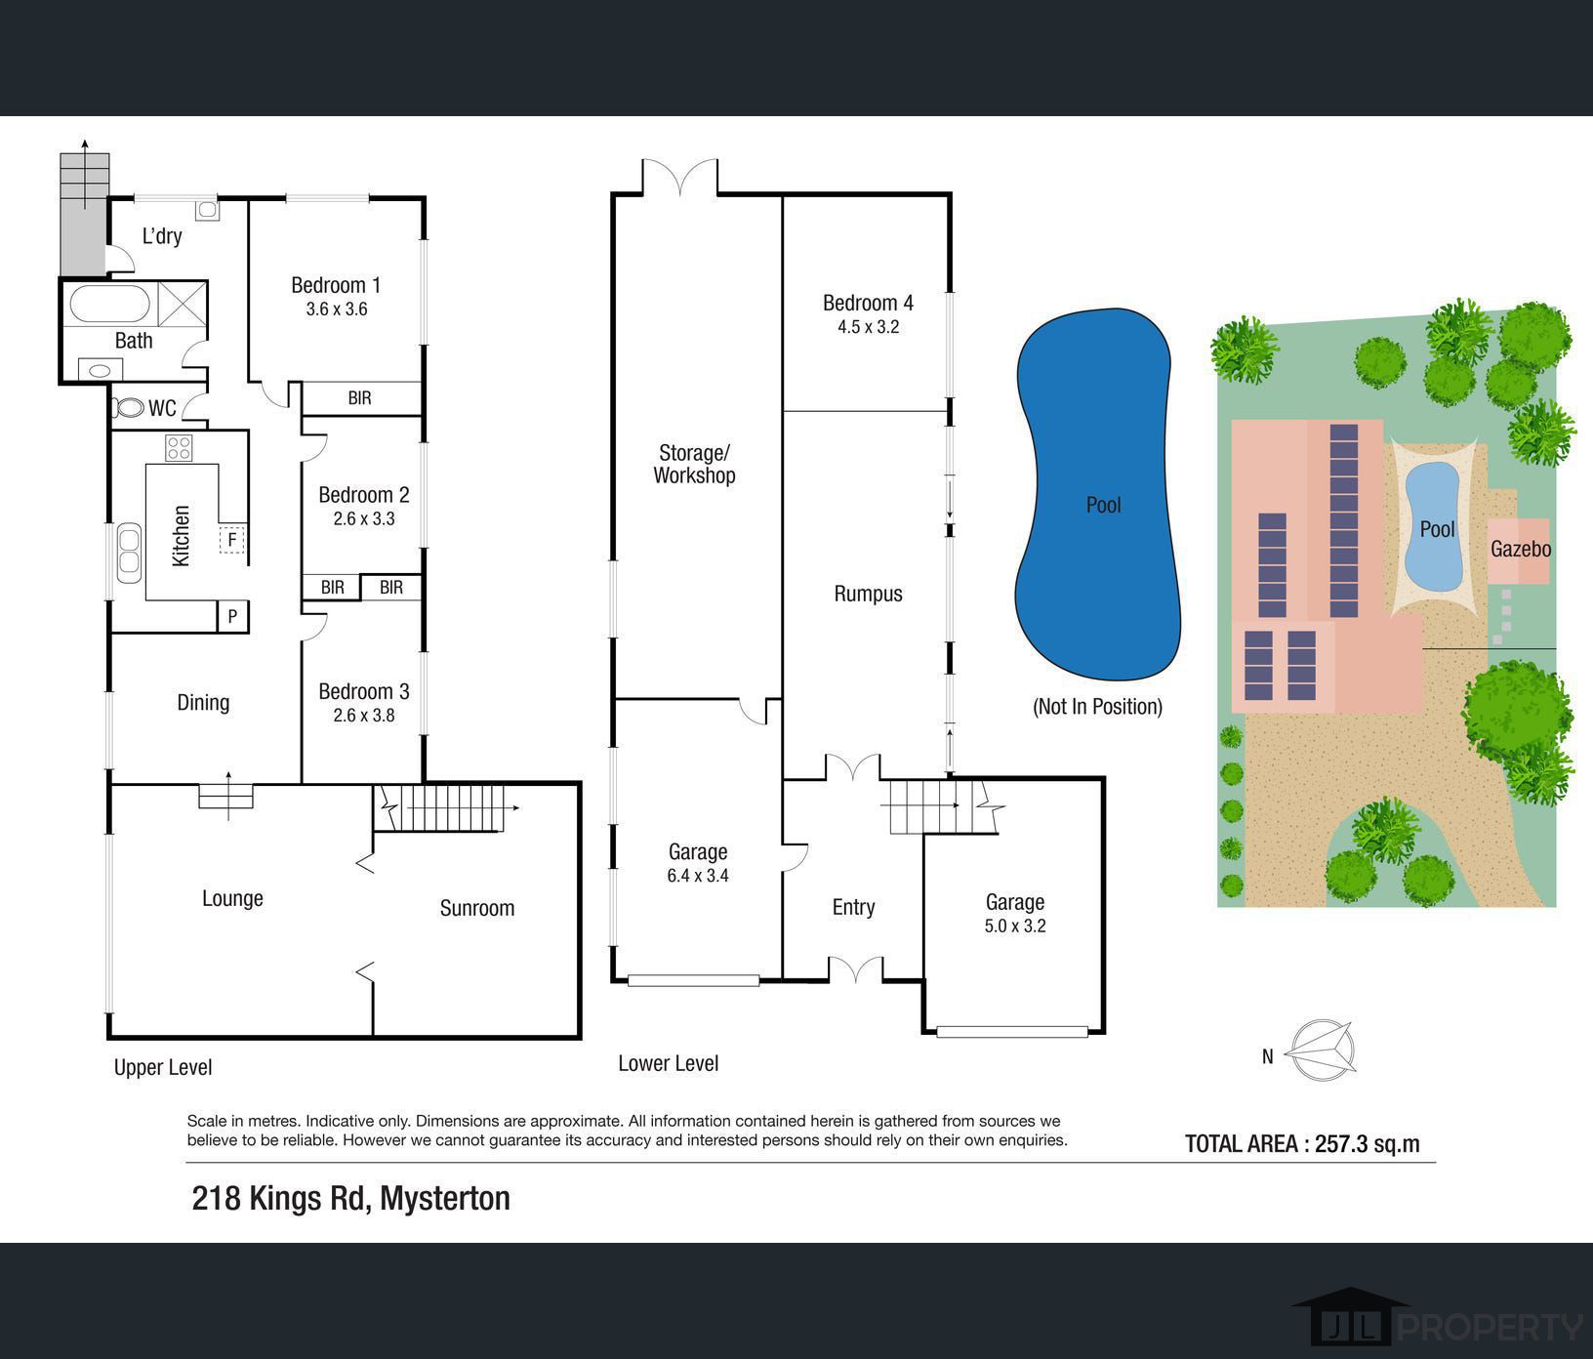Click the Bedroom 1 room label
point(336,285)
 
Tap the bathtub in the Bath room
point(110,304)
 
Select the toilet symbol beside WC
point(128,407)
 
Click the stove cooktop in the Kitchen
point(179,448)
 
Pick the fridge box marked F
point(232,539)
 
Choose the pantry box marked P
point(232,616)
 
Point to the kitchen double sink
point(129,554)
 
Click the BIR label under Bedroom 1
point(359,398)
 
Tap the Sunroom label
point(477,908)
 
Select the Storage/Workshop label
point(694,464)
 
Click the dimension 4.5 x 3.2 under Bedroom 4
point(868,327)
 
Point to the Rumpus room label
point(868,594)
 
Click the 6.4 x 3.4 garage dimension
point(698,876)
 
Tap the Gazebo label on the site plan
point(1521,549)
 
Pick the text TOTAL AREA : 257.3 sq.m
point(1302,1143)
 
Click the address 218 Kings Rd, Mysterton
point(351,1198)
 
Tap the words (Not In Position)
point(1097,707)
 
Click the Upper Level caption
point(163,1067)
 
